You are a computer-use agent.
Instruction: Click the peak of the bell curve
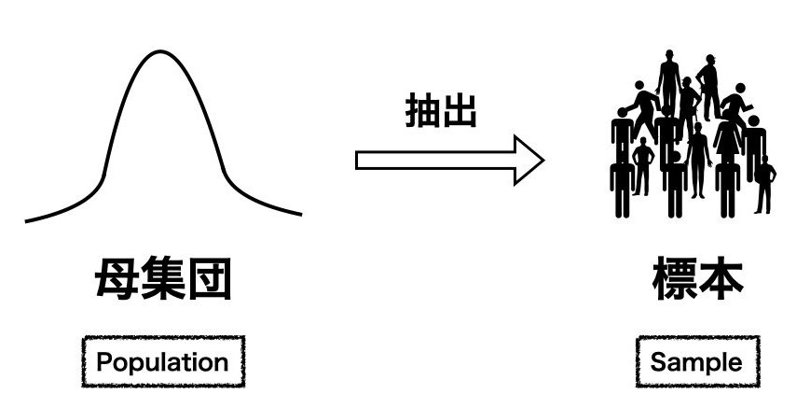161,51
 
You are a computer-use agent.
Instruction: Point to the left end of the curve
27,220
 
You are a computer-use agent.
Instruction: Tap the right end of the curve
300,214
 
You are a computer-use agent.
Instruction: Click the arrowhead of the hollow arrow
530,160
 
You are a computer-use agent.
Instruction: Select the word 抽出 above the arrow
440,112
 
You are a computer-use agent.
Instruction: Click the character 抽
421,112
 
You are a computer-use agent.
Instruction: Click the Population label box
162,361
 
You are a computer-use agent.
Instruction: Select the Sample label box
697,361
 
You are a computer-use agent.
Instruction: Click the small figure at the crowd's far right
765,182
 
